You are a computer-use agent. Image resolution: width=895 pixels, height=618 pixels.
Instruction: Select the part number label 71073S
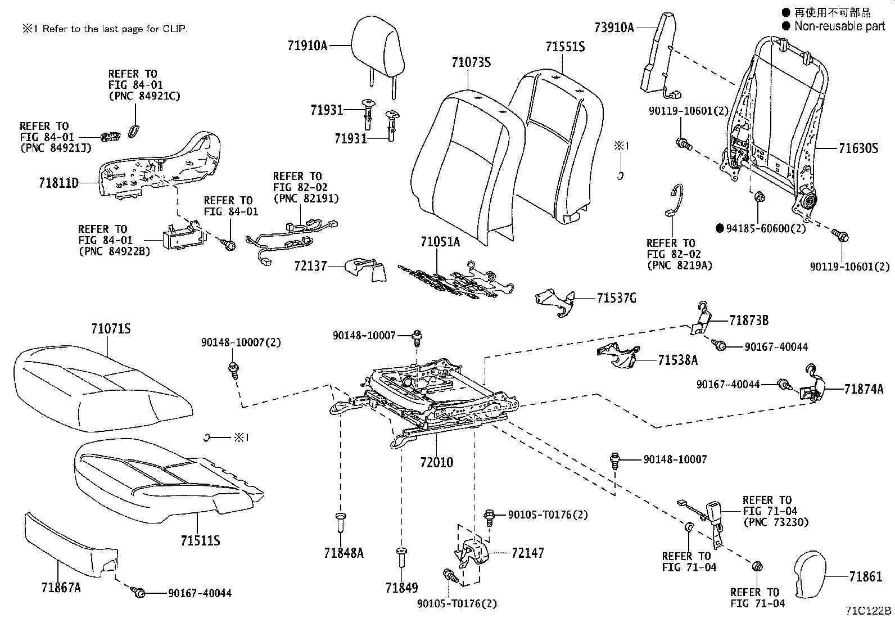point(471,62)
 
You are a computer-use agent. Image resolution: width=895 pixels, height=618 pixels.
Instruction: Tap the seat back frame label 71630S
point(858,148)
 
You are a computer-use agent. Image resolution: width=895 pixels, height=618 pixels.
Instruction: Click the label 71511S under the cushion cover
point(200,541)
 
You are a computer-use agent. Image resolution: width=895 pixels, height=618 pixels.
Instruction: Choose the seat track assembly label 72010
point(436,463)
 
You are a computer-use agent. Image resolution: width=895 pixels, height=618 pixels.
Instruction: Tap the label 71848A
point(343,553)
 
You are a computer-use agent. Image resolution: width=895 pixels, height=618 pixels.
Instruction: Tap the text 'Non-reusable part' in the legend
point(839,26)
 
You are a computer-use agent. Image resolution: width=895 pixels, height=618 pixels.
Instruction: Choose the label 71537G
point(616,298)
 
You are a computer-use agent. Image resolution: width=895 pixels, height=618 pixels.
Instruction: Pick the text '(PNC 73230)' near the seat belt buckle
point(775,522)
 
